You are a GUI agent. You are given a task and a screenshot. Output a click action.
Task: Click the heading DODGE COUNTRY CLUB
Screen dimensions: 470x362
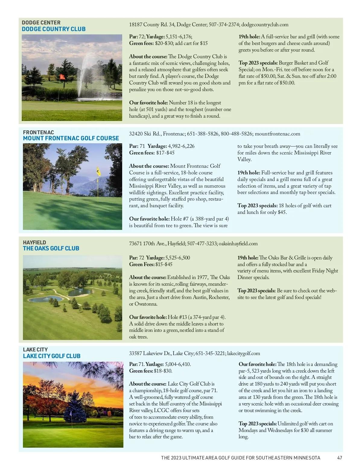coord(54,29)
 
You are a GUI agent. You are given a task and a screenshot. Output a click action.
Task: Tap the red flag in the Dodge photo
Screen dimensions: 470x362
coord(62,77)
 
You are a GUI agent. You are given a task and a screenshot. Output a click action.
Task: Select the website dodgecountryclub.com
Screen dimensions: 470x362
coord(265,25)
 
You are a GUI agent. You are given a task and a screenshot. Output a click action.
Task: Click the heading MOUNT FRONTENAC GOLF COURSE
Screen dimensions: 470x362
coord(71,138)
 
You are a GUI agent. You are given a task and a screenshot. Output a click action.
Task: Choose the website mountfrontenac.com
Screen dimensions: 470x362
coord(278,134)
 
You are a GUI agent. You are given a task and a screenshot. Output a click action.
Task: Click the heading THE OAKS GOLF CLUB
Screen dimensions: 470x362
coord(51,249)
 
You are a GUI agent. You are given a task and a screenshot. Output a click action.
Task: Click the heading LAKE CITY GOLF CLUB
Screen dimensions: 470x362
coord(52,356)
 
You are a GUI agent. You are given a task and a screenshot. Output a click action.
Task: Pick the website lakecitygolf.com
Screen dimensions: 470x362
coord(243,354)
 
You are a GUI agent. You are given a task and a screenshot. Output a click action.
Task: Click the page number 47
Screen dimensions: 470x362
coord(339,458)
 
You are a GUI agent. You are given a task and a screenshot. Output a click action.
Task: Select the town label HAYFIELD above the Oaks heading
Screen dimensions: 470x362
coord(34,243)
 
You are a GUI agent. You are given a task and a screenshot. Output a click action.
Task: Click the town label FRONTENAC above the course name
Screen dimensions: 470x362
coord(38,132)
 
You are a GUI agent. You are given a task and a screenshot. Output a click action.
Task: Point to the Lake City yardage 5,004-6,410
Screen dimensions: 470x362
coord(178,364)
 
